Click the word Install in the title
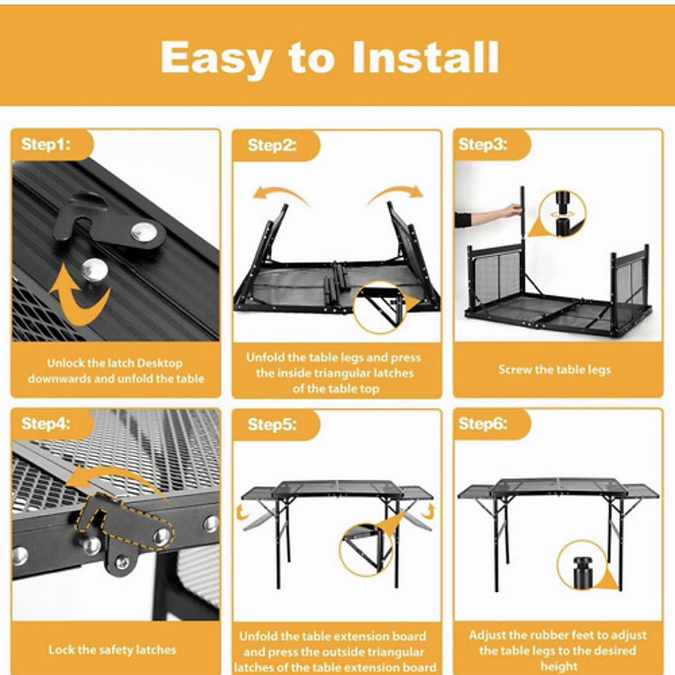[x=426, y=57]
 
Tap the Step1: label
[x=46, y=144]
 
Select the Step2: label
[x=272, y=145]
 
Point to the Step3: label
[x=483, y=144]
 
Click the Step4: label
[x=46, y=424]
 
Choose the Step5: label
[x=272, y=425]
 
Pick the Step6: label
[x=483, y=424]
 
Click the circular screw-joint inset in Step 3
[x=562, y=215]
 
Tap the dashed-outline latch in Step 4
[x=125, y=522]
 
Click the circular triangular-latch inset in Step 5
[x=367, y=549]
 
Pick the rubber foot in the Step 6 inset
[x=583, y=572]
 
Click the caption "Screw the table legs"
[x=554, y=370]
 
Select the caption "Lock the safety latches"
[x=112, y=649]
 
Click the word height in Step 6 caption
[x=559, y=666]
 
